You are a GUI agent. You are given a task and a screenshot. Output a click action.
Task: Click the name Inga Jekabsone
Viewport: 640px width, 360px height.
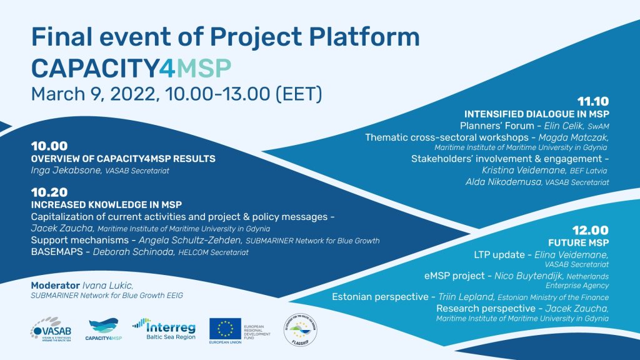tap(62, 170)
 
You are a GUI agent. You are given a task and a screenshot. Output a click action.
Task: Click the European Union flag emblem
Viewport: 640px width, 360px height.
tap(225, 326)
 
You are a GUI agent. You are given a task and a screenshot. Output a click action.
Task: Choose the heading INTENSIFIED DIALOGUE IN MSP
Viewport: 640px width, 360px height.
tap(536, 114)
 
